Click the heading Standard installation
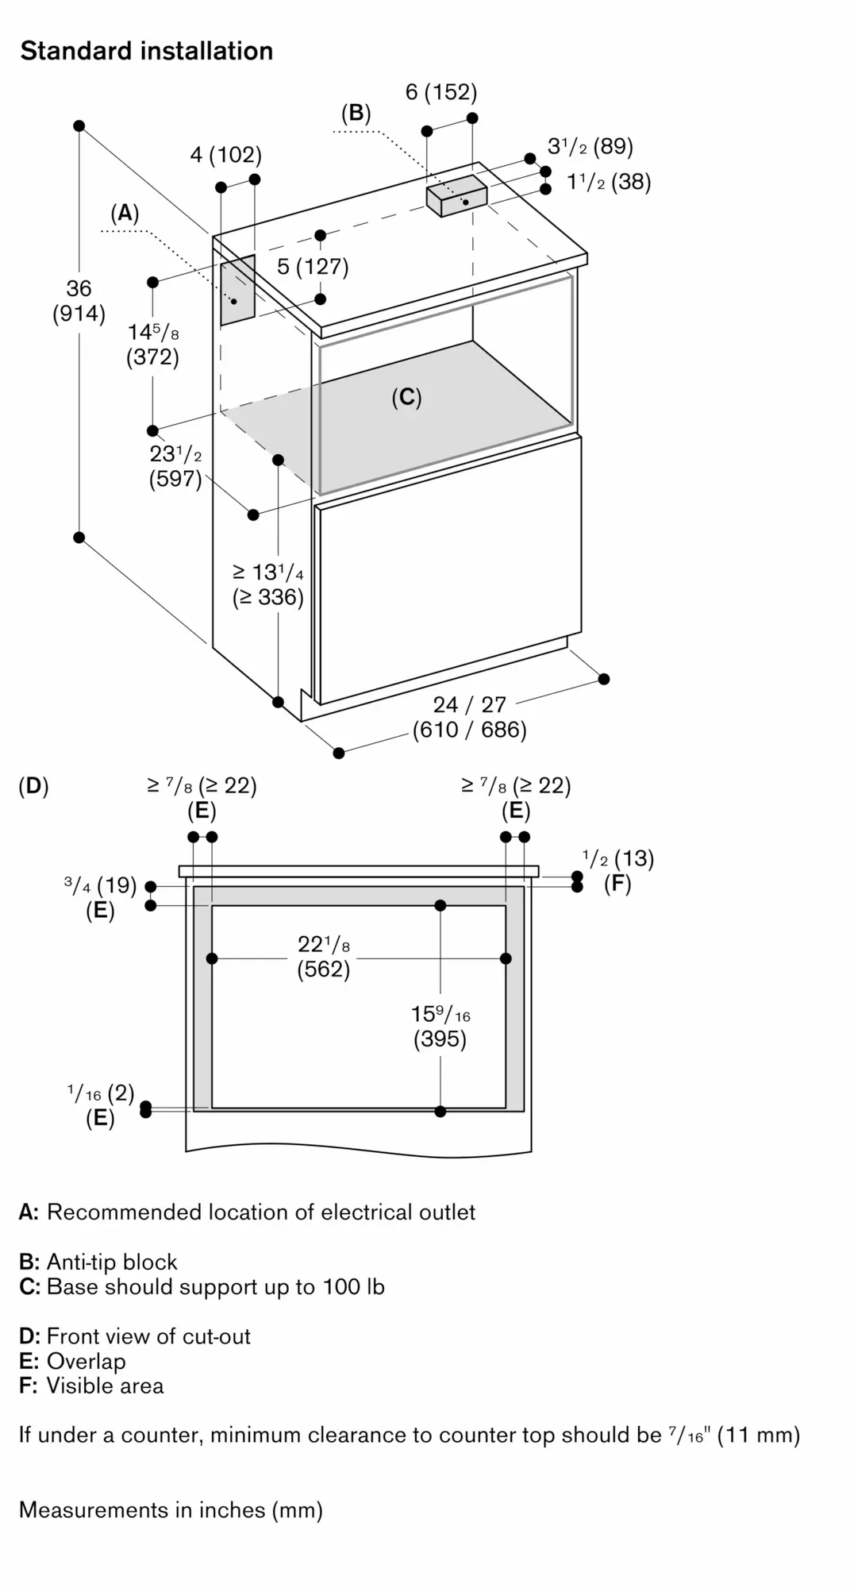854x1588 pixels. (x=147, y=51)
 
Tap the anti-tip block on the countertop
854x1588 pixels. (x=456, y=195)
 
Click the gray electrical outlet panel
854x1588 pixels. (x=237, y=290)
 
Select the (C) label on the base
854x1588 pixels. (x=406, y=397)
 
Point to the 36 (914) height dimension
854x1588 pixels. (x=79, y=301)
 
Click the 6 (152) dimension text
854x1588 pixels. (x=441, y=92)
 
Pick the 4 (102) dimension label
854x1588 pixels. (x=225, y=154)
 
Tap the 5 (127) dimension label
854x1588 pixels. (x=313, y=266)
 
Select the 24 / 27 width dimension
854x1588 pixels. (x=469, y=717)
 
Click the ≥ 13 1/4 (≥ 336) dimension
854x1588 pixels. (x=268, y=584)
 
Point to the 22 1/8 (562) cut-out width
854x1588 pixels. (x=324, y=957)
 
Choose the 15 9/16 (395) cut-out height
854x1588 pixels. (x=440, y=1026)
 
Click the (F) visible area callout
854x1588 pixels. (x=617, y=884)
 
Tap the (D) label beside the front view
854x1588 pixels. (x=33, y=786)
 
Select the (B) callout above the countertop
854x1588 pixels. (x=356, y=113)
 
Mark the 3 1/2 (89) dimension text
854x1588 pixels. (x=590, y=146)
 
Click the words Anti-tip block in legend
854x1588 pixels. (x=112, y=1262)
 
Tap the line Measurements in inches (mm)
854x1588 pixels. (x=171, y=1510)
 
